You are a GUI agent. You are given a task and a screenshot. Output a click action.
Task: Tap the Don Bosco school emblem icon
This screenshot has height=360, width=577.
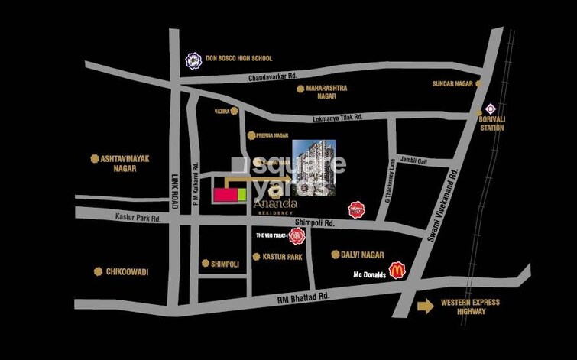(193, 59)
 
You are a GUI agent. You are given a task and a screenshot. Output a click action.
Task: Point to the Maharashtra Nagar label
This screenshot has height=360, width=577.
(326, 92)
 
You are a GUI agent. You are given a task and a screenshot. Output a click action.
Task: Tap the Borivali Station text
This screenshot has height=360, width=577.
(491, 124)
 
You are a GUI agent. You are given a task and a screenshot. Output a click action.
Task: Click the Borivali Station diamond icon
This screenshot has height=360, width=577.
(491, 108)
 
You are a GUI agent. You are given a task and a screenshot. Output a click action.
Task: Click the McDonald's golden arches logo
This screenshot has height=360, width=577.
(397, 269)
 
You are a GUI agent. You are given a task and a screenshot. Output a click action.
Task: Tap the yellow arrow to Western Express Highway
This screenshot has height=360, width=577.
(424, 306)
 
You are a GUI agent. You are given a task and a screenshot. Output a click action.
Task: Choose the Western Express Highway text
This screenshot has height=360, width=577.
(470, 306)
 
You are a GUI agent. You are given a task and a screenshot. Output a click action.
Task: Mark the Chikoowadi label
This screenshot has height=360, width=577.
(127, 271)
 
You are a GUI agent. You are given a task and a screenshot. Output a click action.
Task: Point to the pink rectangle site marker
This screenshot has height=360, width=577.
(225, 195)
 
